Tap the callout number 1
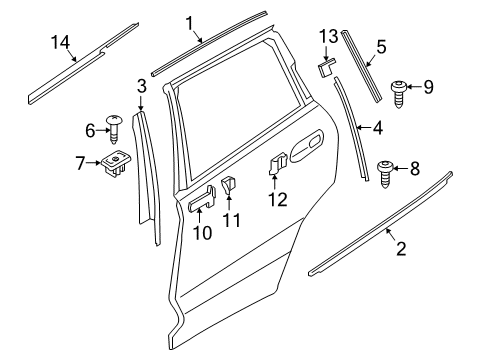click(189, 22)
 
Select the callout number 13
click(328, 38)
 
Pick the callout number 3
click(142, 87)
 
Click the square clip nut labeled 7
click(115, 165)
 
